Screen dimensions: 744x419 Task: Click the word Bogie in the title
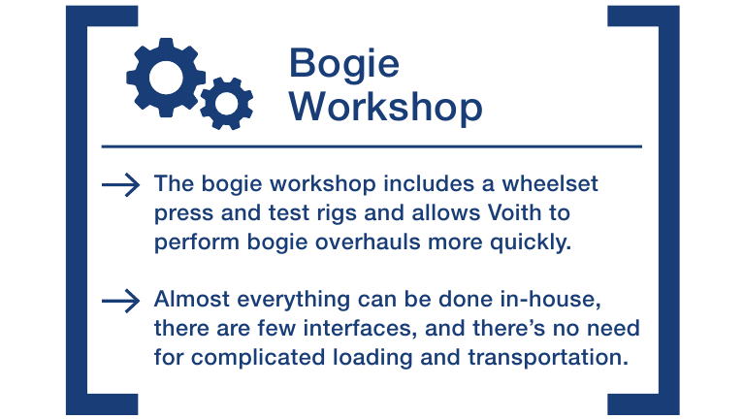[x=344, y=65]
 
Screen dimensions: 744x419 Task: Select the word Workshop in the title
[x=386, y=107]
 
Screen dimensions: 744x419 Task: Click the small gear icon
[x=226, y=103]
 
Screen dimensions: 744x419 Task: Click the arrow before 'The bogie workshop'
[x=120, y=184]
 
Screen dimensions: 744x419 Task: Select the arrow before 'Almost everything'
[x=120, y=301]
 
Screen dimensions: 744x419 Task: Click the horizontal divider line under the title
[x=372, y=146]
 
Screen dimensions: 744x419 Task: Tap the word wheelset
[x=550, y=183]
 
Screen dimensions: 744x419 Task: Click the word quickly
[x=531, y=243]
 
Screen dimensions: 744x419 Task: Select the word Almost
[x=192, y=300]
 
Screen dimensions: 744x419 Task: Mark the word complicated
[x=258, y=358]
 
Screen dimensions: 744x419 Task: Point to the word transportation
[x=548, y=358]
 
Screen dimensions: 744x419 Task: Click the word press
[x=183, y=214]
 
